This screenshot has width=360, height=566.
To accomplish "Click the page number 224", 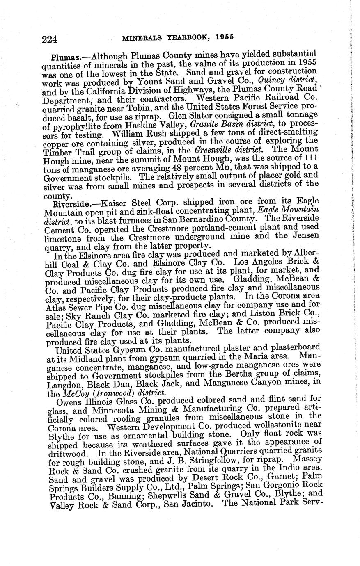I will click(49, 39).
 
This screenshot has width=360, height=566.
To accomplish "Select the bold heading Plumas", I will click(63, 57).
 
